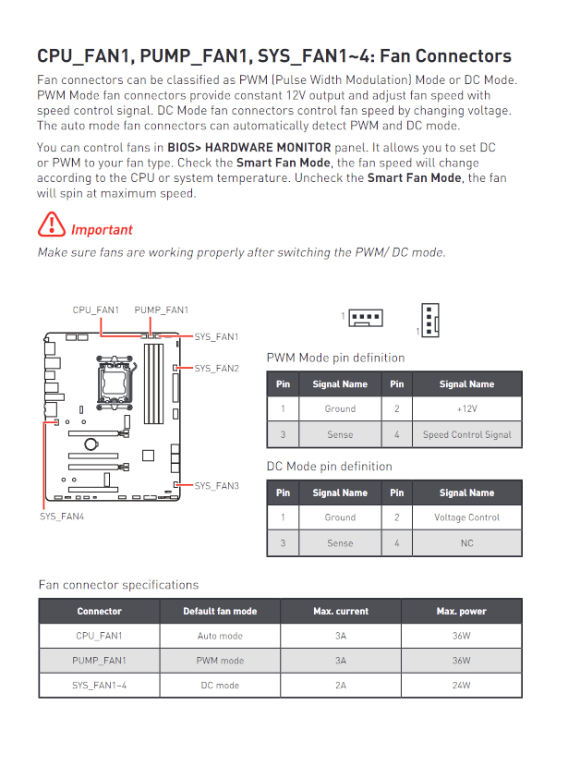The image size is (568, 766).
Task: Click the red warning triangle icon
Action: click(52, 225)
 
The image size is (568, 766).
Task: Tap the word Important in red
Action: click(102, 230)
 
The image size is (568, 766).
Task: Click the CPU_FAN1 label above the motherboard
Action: click(96, 310)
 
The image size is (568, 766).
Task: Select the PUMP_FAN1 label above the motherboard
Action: click(161, 310)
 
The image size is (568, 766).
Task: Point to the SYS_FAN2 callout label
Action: click(216, 369)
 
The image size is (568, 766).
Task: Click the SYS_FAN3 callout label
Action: click(216, 485)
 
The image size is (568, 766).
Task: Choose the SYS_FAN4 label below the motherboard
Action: click(62, 517)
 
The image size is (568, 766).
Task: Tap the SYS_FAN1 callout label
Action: click(216, 337)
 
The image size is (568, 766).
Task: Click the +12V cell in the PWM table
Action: click(466, 408)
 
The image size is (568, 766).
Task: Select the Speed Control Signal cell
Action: click(466, 434)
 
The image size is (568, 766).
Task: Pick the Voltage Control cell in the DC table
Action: click(466, 517)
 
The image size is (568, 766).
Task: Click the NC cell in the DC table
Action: click(466, 543)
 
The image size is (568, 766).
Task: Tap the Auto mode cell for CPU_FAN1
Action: click(220, 636)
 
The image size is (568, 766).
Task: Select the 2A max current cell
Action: click(341, 686)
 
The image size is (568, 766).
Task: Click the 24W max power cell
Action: click(460, 686)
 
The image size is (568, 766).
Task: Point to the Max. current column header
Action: click(341, 611)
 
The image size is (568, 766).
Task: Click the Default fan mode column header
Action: click(220, 611)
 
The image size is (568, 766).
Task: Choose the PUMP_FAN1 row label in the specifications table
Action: click(99, 661)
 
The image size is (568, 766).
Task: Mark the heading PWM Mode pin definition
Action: click(335, 358)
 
